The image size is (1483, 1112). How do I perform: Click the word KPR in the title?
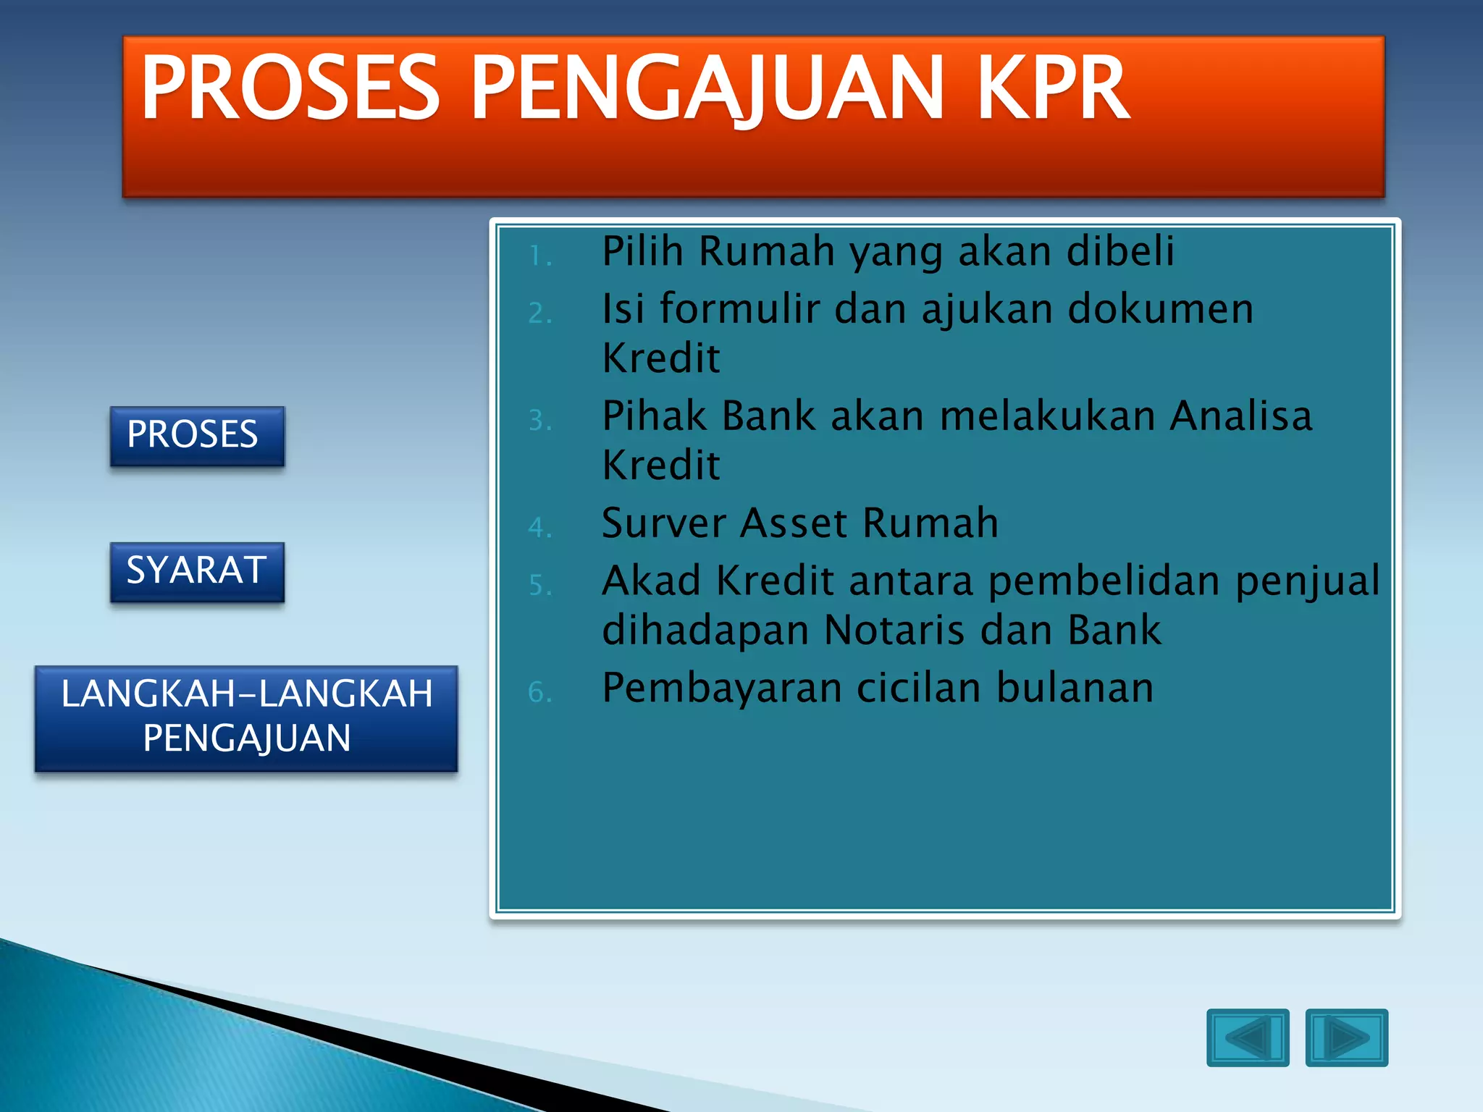(1052, 88)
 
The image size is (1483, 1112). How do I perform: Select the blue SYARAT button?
(197, 571)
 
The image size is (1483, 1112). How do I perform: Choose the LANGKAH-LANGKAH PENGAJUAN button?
(246, 717)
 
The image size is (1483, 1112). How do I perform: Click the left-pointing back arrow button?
(1247, 1037)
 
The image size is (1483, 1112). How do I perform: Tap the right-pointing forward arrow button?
(1346, 1037)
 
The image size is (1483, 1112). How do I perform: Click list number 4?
(540, 528)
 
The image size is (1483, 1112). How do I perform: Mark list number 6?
(540, 693)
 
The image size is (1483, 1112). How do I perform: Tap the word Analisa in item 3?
(1240, 416)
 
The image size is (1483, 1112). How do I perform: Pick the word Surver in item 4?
(663, 523)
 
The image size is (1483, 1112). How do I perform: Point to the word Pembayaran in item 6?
(722, 688)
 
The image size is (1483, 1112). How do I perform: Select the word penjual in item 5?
(1307, 581)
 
